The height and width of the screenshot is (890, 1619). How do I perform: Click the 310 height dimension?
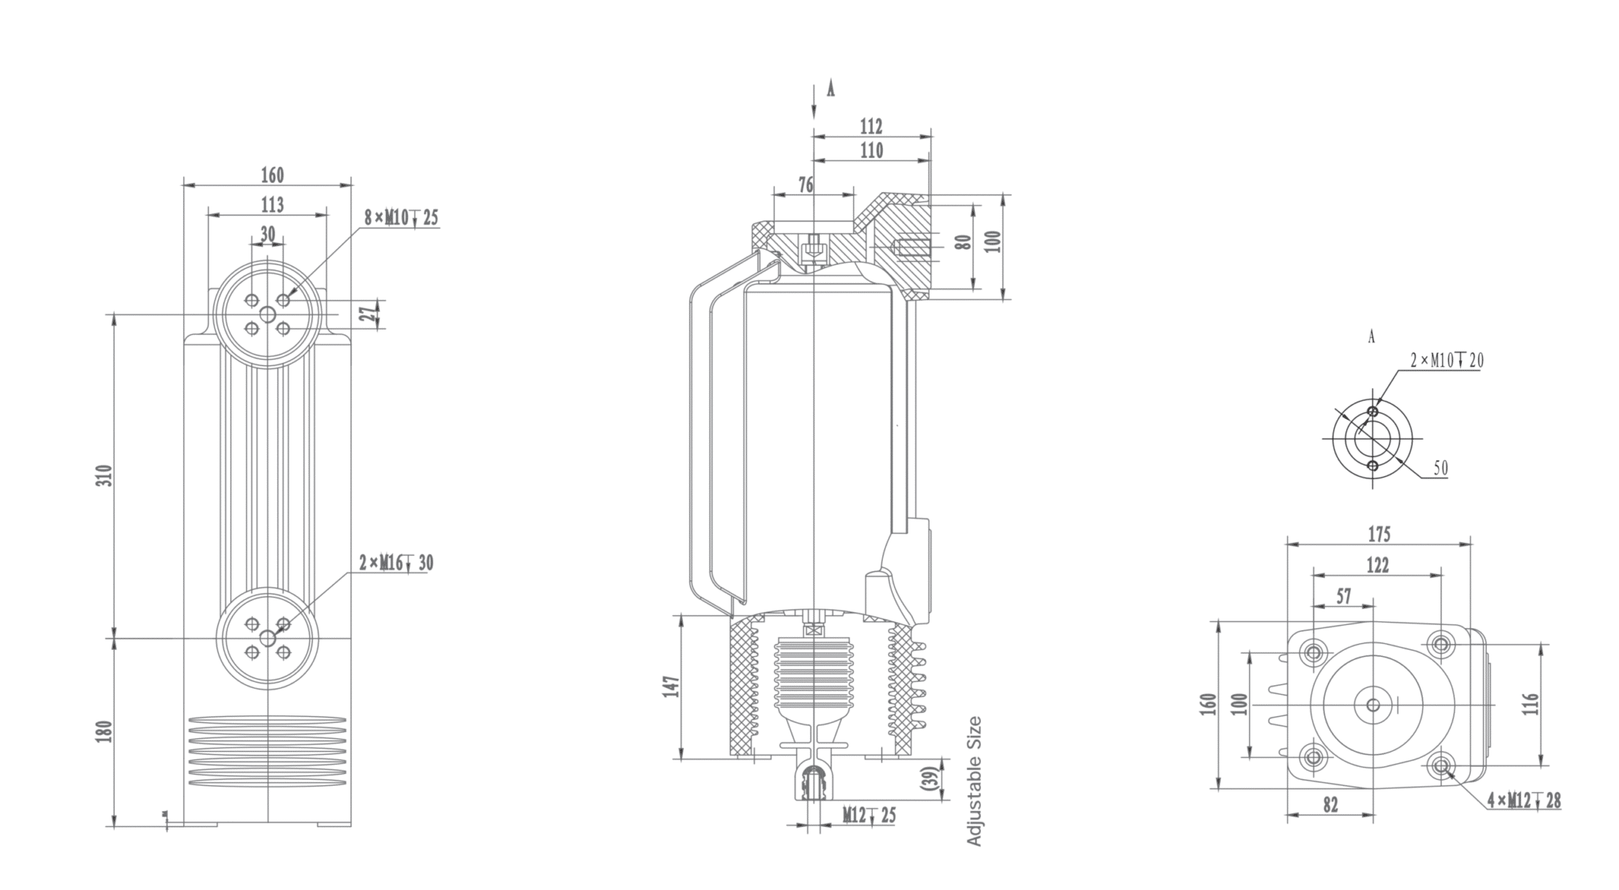(x=106, y=475)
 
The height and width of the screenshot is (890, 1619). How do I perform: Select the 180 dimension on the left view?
(x=106, y=731)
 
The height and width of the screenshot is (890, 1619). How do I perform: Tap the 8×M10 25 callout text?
(x=401, y=217)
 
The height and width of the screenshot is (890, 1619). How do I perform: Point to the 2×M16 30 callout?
(x=396, y=563)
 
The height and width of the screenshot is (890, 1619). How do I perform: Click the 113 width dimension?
(x=272, y=206)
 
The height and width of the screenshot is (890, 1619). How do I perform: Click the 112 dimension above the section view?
(x=871, y=126)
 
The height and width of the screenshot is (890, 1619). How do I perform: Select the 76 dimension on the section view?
(x=806, y=185)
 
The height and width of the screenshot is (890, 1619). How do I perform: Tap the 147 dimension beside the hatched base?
(x=670, y=686)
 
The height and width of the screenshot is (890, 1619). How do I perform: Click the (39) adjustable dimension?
(x=930, y=779)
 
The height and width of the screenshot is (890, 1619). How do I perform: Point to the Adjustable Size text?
(x=974, y=781)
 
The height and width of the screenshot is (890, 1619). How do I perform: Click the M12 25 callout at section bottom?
(x=869, y=815)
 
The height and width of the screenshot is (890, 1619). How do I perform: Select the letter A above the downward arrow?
(x=830, y=89)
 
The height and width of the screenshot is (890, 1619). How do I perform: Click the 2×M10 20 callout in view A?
(x=1447, y=361)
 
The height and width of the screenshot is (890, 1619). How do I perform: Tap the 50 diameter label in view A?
(x=1440, y=468)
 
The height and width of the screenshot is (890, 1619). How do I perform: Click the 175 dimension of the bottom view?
(x=1379, y=534)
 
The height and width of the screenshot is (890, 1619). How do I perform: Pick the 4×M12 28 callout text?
(x=1523, y=801)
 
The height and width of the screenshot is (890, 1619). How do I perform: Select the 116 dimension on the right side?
(x=1530, y=703)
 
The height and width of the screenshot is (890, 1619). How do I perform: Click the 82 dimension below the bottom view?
(x=1330, y=805)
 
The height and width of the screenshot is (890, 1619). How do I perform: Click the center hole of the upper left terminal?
(x=267, y=315)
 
